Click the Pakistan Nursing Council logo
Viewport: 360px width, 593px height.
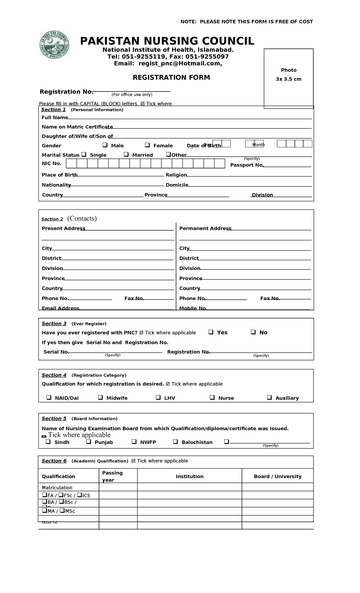click(54, 45)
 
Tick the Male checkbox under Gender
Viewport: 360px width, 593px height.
click(105, 145)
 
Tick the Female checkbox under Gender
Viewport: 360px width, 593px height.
click(147, 145)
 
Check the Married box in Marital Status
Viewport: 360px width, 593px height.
click(126, 155)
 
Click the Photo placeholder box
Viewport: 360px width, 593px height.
click(289, 78)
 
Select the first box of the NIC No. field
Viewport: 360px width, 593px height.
click(71, 164)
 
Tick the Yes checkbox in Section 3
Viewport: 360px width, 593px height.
click(211, 332)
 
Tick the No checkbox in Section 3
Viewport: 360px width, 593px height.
click(253, 332)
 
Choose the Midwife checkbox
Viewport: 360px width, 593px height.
click(100, 398)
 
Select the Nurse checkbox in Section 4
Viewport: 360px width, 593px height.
click(212, 398)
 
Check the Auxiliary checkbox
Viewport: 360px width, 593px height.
click(269, 398)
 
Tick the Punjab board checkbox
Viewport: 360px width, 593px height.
click(88, 442)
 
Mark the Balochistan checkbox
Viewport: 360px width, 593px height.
click(175, 442)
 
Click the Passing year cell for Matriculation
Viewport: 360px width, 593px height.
click(118, 487)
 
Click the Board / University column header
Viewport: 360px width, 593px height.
click(277, 476)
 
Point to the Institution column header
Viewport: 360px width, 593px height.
click(190, 476)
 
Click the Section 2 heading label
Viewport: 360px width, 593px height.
click(52, 219)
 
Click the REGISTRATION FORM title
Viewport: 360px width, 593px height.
click(171, 77)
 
